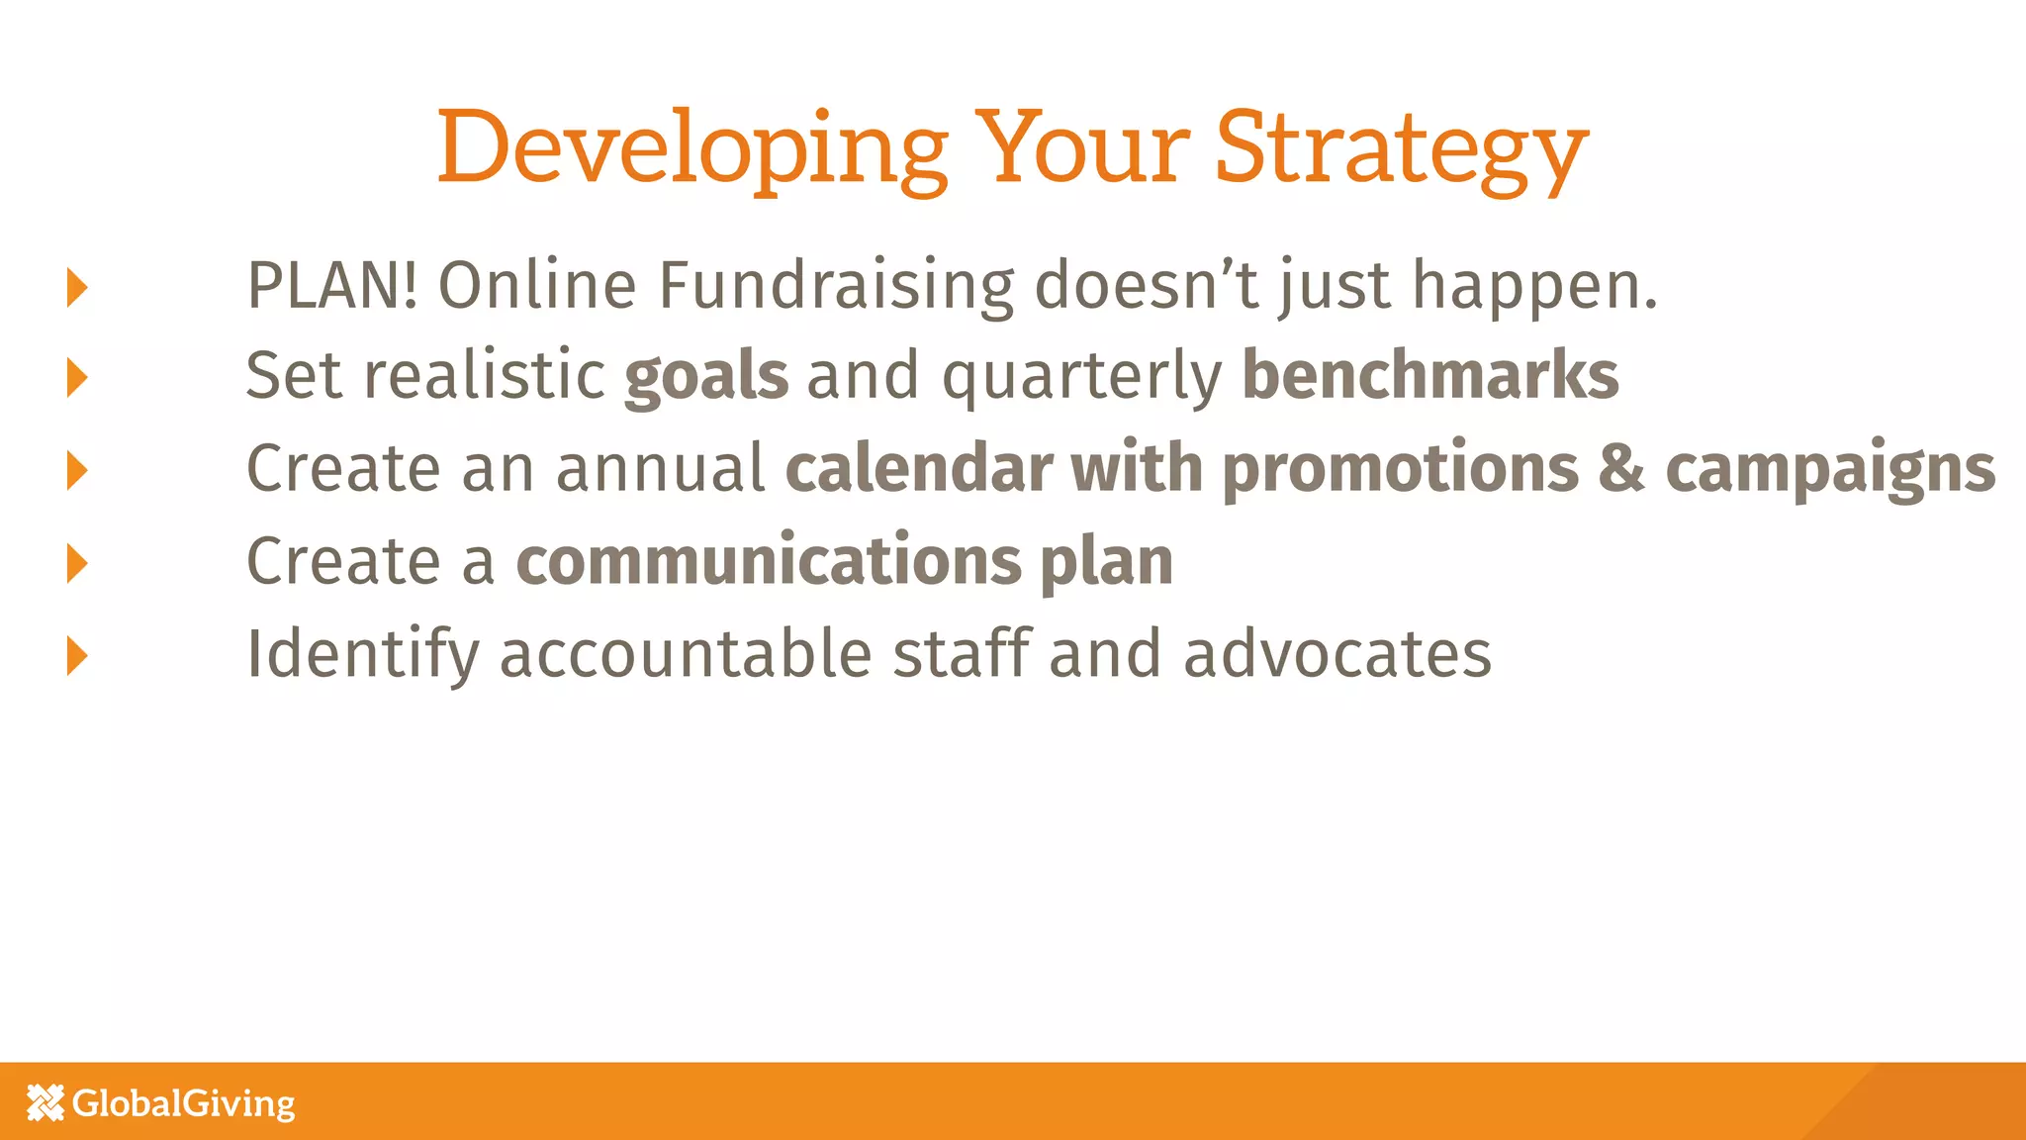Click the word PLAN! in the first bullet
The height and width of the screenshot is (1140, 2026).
(331, 286)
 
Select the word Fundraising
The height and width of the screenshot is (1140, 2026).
(836, 286)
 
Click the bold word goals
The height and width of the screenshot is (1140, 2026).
(706, 377)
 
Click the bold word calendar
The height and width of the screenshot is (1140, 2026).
(918, 468)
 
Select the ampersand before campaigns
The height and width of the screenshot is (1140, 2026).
(1621, 468)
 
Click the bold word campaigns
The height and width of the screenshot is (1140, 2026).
(1830, 470)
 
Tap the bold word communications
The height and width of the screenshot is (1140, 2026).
(768, 561)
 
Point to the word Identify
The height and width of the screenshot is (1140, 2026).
(362, 655)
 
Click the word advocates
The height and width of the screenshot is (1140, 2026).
(1337, 655)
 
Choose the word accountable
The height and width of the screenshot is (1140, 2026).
(686, 655)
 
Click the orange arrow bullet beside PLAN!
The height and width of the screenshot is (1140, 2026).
(77, 287)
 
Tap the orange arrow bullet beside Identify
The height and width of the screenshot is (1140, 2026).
(77, 655)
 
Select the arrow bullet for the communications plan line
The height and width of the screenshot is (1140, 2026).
(77, 562)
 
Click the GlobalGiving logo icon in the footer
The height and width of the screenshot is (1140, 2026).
(46, 1102)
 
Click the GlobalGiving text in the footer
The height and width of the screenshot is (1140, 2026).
(184, 1103)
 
